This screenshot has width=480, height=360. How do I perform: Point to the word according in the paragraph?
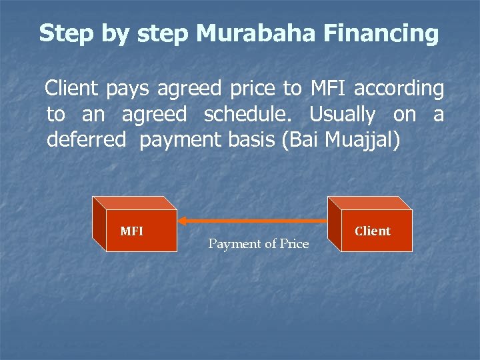(399, 88)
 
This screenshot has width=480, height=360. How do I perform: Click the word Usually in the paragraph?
(342, 115)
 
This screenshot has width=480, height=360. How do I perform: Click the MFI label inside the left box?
(131, 231)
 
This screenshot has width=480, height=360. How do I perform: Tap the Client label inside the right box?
(373, 231)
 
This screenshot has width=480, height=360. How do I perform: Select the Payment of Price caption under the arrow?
(259, 244)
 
